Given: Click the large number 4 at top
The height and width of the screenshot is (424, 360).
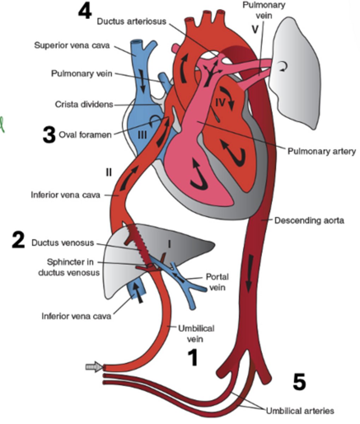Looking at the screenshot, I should click(85, 12).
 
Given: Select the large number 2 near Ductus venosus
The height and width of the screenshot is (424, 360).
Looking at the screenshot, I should click(18, 241).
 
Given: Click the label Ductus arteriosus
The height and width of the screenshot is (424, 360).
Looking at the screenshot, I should click(132, 22).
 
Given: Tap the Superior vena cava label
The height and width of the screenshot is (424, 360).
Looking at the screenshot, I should click(72, 46).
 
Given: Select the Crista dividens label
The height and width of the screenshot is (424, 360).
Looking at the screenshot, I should click(84, 105).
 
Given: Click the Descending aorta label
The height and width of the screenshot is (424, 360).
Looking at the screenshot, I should click(309, 220).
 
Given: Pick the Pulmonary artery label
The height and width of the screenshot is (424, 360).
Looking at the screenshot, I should click(322, 151).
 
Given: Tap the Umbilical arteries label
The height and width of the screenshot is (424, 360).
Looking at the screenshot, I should click(300, 411).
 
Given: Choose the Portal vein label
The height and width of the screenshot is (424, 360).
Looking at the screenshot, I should click(217, 282).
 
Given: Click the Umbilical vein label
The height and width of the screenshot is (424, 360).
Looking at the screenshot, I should click(196, 333).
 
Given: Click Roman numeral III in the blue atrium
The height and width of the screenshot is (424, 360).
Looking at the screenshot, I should click(142, 135).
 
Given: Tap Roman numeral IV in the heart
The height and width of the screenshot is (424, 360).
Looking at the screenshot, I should click(220, 102).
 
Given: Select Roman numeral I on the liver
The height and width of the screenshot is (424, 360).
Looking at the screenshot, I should click(169, 244).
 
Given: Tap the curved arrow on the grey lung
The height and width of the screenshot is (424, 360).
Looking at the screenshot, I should click(282, 67).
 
